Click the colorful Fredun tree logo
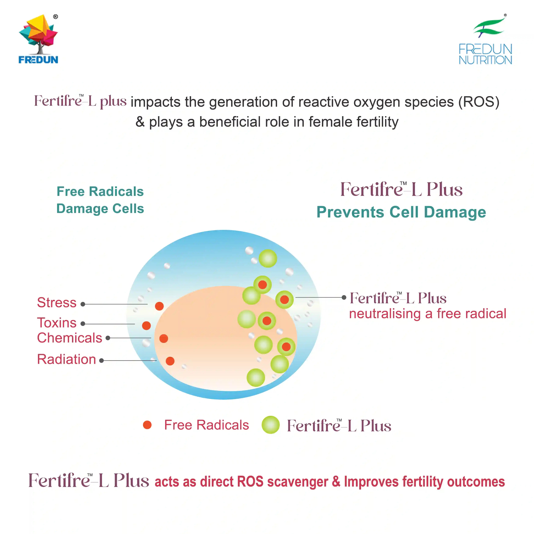click(x=38, y=39)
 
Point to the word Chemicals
click(x=70, y=338)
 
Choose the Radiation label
click(x=67, y=359)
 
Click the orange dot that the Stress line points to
click(x=159, y=306)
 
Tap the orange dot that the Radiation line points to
click(x=170, y=361)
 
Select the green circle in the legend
click(x=271, y=425)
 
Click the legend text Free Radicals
click(x=206, y=425)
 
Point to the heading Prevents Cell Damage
click(x=401, y=212)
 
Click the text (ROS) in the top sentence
click(x=479, y=102)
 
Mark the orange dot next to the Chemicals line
click(x=164, y=338)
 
